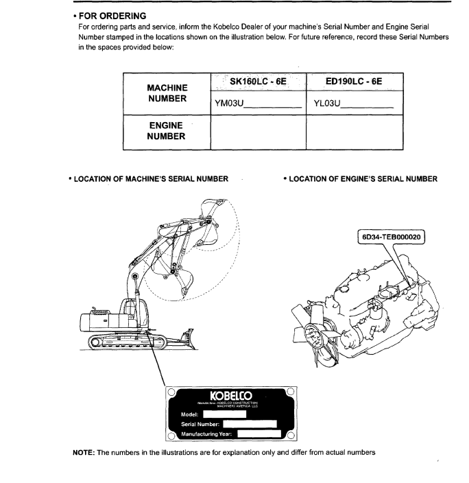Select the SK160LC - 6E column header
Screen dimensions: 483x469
tap(257, 81)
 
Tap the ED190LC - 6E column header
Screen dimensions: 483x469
tap(354, 81)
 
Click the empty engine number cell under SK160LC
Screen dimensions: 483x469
tap(258, 132)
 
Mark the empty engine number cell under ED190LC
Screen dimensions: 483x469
tap(354, 132)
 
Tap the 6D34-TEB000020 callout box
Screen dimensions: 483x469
tap(392, 238)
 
